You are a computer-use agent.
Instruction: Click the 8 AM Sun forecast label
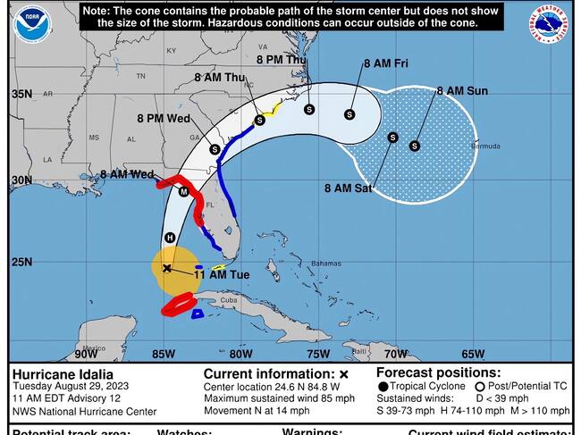click(462, 91)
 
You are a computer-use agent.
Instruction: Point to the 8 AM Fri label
click(385, 64)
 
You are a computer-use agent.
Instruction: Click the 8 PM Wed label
click(164, 118)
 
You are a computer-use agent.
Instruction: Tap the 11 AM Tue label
click(227, 275)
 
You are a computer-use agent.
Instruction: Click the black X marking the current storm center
click(167, 267)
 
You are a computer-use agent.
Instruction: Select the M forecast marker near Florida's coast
click(184, 192)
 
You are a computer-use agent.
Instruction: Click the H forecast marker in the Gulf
click(170, 238)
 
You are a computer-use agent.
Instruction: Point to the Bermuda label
click(486, 146)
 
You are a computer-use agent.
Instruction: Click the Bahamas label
click(326, 264)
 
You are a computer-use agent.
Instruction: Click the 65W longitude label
click(473, 354)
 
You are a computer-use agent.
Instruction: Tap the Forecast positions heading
click(438, 372)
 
